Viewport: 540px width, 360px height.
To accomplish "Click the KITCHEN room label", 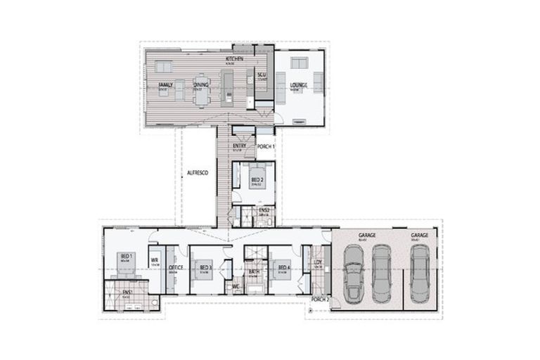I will click(234, 59).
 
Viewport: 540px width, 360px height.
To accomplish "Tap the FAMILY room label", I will click(165, 85).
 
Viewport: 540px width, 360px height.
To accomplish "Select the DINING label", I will click(201, 85).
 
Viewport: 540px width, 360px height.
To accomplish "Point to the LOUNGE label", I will click(299, 85).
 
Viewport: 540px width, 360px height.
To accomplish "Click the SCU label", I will click(261, 75).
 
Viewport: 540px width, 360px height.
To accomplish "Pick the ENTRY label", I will click(239, 146).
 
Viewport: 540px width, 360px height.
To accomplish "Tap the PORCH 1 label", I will click(266, 146).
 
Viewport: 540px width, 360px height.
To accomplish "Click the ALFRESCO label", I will click(198, 172).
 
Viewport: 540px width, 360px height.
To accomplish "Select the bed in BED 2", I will click(257, 176).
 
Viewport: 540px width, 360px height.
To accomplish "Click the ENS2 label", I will click(264, 210).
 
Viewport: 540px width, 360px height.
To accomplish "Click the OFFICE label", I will click(176, 267).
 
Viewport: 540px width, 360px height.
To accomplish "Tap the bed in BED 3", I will click(205, 269).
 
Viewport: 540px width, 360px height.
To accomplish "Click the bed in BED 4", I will click(283, 269).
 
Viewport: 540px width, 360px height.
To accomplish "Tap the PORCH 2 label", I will click(321, 299).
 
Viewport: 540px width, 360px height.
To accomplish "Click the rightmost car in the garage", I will click(420, 274).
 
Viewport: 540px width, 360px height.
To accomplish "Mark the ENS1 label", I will click(127, 292).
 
